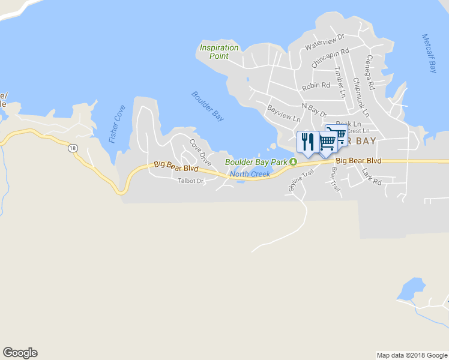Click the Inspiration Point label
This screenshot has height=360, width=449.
pos(219,52)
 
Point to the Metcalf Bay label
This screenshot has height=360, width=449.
pos(429,53)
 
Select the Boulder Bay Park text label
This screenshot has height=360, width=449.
pos(256,162)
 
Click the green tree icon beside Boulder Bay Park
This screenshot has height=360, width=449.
pos(293,162)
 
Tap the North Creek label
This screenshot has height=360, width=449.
pos(250,175)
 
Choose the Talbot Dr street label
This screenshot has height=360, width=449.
pos(191,181)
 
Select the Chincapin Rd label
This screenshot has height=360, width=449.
pos(330,58)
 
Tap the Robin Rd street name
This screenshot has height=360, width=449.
pos(316,86)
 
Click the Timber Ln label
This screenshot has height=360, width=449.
pos(340,82)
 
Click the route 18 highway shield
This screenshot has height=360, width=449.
pos(73,148)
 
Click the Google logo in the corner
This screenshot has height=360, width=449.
pos(20,353)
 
